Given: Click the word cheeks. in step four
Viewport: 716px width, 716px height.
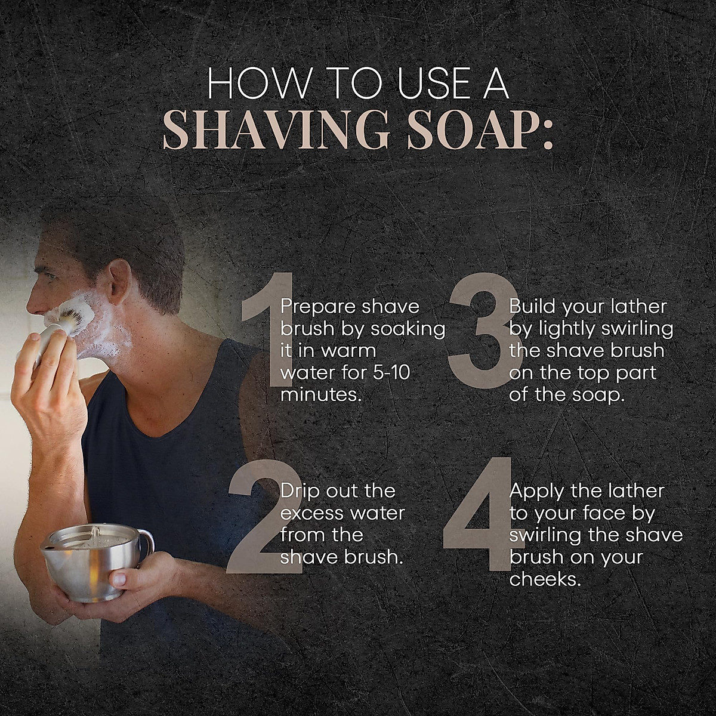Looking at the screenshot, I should [x=545, y=579].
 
